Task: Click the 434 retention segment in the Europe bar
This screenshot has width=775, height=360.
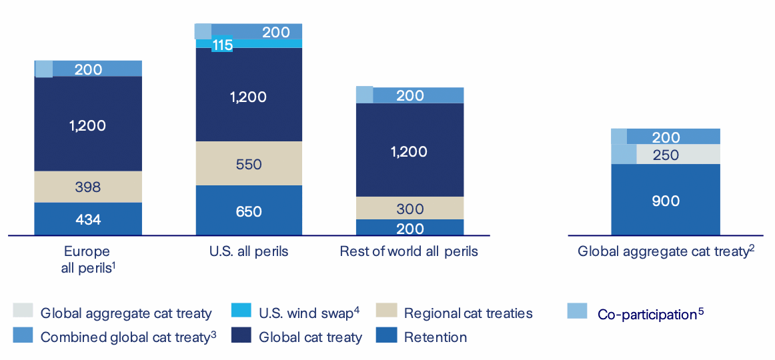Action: click(88, 219)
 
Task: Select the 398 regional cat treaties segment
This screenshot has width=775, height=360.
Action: click(88, 187)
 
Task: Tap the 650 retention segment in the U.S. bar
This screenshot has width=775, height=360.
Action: click(249, 211)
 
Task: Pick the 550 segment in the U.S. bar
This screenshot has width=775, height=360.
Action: click(249, 164)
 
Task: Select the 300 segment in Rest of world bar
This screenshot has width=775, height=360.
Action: click(410, 208)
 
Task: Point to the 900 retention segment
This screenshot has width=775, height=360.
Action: click(666, 200)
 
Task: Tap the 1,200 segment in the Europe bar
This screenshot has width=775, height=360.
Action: click(88, 125)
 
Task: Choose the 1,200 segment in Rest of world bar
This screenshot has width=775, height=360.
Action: click(410, 151)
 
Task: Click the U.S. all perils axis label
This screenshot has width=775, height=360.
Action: click(249, 252)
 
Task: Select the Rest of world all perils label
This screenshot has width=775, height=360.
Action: click(409, 252)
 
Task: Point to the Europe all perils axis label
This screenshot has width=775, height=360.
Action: click(87, 259)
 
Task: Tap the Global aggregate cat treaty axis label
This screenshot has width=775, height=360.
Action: click(666, 252)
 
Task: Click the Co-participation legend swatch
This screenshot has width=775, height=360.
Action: click(576, 311)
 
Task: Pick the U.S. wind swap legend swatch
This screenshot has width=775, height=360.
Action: click(241, 311)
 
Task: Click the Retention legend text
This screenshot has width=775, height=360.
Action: click(436, 337)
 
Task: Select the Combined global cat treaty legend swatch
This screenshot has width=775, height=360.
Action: click(22, 335)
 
